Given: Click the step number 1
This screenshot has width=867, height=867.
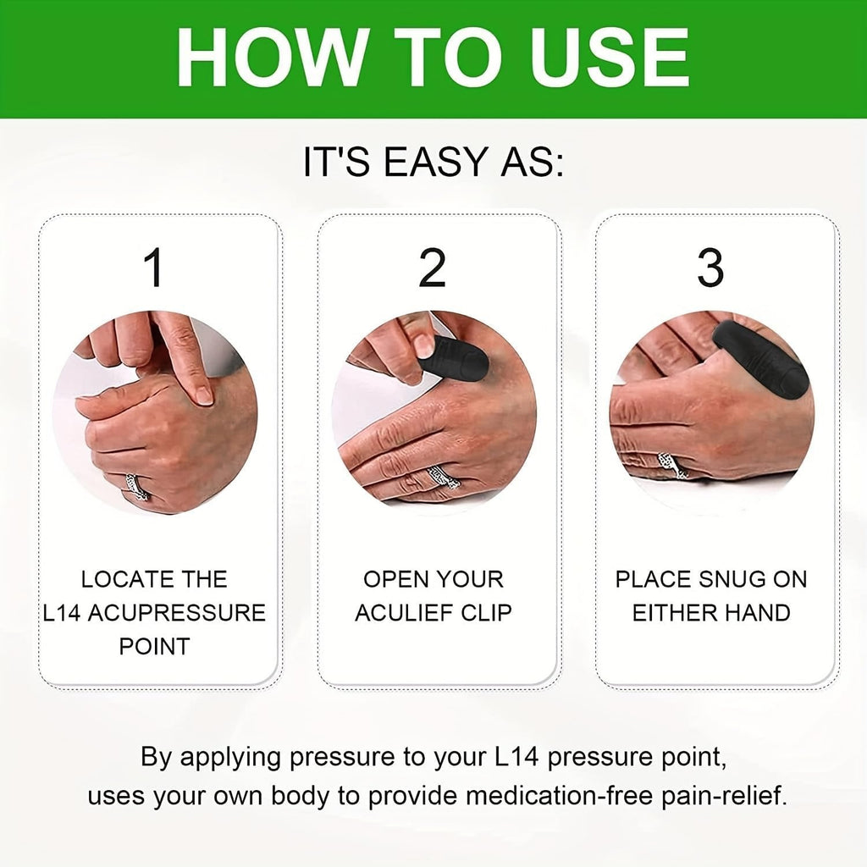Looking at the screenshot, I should (154, 268).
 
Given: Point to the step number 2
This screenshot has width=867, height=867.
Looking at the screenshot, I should (432, 268).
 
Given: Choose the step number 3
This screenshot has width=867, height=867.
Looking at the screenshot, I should (710, 268).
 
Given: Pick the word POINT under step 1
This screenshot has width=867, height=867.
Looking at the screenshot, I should (154, 646).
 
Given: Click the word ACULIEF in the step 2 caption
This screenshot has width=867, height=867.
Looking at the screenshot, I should (406, 613).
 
